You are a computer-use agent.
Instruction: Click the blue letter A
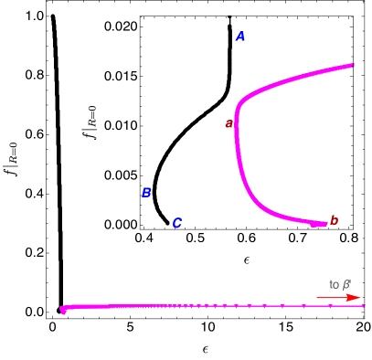pos(240,37)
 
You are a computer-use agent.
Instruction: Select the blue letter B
pos(146,193)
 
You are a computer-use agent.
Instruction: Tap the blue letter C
pos(176,223)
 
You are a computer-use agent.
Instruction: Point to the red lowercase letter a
pos(229,123)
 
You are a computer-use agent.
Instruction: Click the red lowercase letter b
pos(334,220)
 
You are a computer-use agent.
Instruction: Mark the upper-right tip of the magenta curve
pos(353,65)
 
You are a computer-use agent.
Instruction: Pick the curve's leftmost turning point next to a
pos(237,119)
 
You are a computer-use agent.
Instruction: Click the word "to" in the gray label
pos(334,284)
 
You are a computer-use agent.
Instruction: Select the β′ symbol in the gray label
pos(346,284)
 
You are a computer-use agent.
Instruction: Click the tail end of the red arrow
pos(318,297)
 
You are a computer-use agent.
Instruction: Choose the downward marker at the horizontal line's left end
pos(63,311)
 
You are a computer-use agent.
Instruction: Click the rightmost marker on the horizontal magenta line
pos(363,306)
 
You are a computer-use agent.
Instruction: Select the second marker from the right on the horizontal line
pos(330,306)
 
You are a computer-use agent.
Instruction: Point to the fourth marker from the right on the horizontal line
pos(282,306)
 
